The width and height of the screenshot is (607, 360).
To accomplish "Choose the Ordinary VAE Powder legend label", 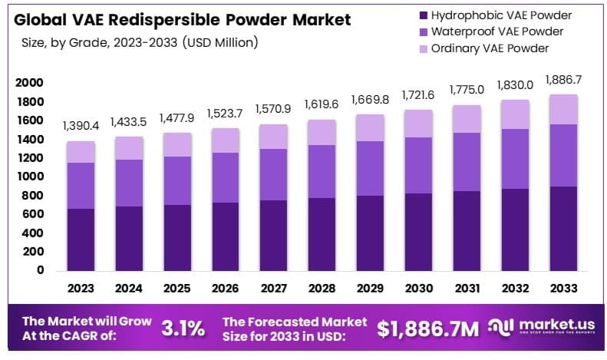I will pos(490,48).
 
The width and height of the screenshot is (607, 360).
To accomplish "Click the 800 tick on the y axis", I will pos(33,196).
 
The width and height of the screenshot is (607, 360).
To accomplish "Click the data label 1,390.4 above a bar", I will pos(81,124).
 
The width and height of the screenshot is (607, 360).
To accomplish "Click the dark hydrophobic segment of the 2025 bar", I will pos(177,237).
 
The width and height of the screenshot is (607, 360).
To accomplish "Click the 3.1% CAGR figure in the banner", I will pos(183,329).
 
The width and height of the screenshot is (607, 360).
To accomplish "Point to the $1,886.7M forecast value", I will pos(428,329).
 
